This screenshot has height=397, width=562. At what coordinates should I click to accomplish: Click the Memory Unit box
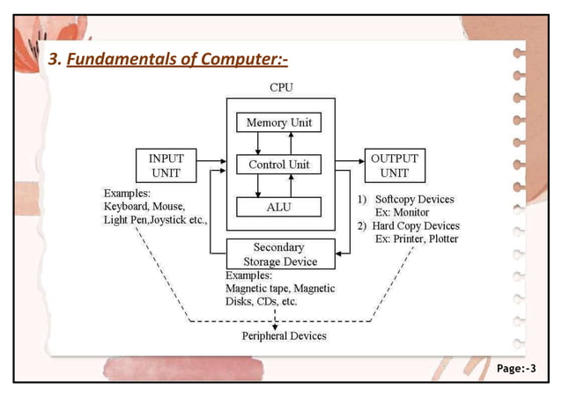[x=278, y=122]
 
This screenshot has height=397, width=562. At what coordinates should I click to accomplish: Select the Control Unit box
[x=278, y=165]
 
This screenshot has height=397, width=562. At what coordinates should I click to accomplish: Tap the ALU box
[x=278, y=208]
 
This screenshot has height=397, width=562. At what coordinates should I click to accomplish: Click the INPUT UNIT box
[x=166, y=165]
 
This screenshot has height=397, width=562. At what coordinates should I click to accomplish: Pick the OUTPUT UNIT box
[x=394, y=165]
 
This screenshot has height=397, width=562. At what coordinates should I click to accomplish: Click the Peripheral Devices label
[x=284, y=336]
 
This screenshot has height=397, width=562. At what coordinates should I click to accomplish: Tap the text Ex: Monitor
[x=404, y=212]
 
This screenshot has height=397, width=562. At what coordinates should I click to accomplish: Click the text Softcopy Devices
[x=414, y=199]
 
